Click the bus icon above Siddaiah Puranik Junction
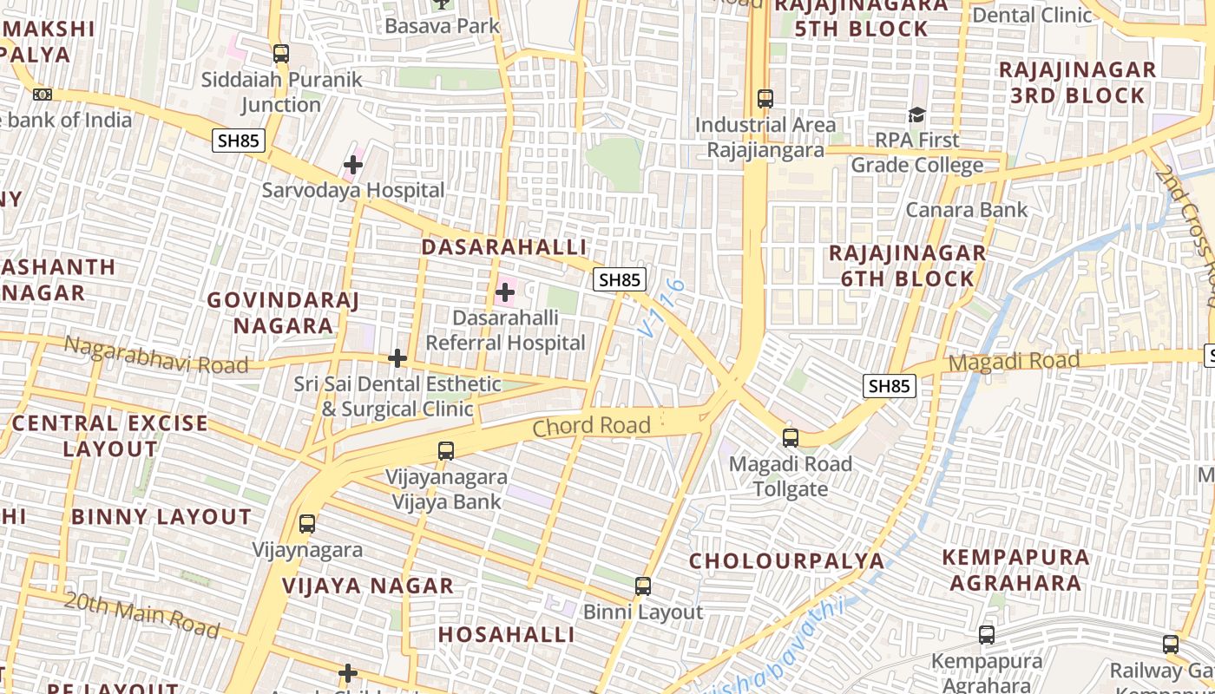(x=280, y=54)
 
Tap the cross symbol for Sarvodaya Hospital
(x=353, y=164)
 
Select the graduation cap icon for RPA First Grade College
(x=916, y=115)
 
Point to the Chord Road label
(x=591, y=426)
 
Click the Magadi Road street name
(x=1014, y=361)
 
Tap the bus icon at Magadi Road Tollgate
(x=790, y=438)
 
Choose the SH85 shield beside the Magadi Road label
(x=890, y=386)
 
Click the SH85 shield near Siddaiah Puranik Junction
(x=239, y=141)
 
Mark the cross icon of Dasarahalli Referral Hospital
(x=505, y=292)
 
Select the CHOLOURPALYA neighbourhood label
(x=786, y=560)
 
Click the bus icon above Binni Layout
(x=643, y=586)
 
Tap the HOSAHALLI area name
(x=506, y=635)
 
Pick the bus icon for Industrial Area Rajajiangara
(x=765, y=99)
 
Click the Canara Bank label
(x=966, y=210)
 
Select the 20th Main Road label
(x=142, y=614)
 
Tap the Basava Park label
(x=443, y=26)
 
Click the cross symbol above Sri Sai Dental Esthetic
(x=397, y=357)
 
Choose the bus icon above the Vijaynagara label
(x=307, y=524)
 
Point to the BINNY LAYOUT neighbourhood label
(x=161, y=517)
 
